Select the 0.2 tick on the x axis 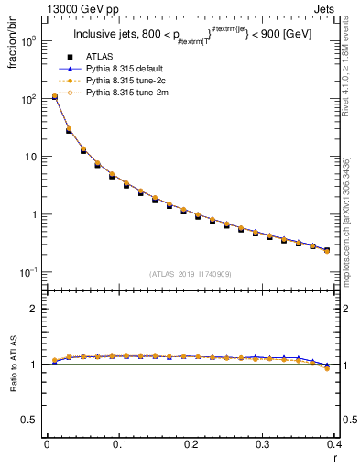(x=191, y=444)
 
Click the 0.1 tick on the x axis (x=119, y=444)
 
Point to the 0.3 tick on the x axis (x=263, y=444)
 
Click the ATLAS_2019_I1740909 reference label (x=190, y=274)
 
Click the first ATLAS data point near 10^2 (x=54, y=96)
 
